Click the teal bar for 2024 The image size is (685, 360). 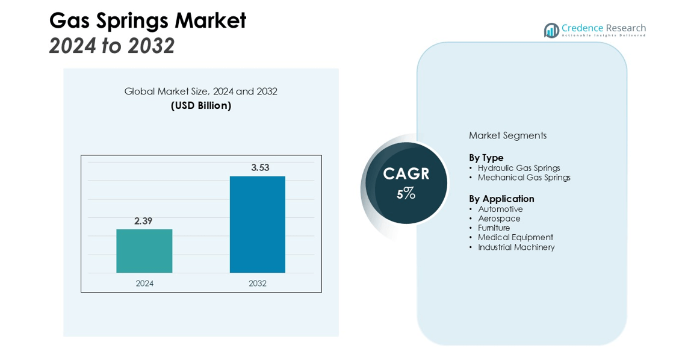144,251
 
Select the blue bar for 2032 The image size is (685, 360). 257,225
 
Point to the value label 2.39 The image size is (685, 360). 143,221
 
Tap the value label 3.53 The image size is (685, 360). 260,167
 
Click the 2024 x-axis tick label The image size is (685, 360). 144,284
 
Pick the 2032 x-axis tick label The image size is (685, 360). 257,284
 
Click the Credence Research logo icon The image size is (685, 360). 551,30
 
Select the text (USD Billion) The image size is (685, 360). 201,105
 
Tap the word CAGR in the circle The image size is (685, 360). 406,174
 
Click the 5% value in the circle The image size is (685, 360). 406,193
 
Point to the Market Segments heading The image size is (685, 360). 507,135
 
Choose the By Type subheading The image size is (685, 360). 486,158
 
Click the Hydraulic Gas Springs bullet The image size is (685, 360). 519,168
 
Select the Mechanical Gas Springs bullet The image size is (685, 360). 524,178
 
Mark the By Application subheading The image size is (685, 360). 501,199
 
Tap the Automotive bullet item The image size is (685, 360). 500,209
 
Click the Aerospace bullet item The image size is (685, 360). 499,219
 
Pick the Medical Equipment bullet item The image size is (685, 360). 515,237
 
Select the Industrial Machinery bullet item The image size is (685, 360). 516,247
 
